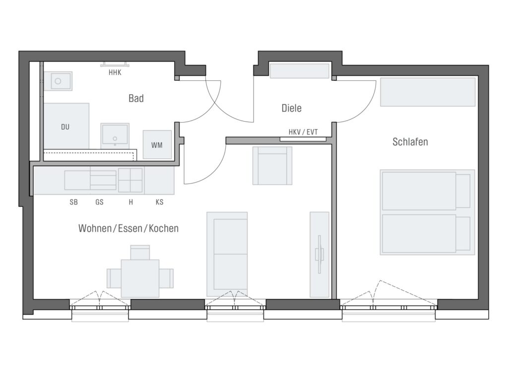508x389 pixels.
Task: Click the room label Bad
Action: tap(136, 98)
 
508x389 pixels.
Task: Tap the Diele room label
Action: tap(291, 108)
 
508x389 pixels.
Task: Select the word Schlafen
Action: tap(410, 142)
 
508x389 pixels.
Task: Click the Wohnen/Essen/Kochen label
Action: tap(128, 228)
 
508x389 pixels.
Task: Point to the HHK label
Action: tap(115, 72)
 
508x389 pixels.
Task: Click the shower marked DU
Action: tap(66, 126)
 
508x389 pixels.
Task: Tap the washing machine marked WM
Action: tap(157, 144)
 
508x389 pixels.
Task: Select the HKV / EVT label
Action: tap(303, 132)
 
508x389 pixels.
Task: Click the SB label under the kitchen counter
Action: tap(73, 202)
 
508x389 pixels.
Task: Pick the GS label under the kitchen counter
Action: tap(99, 202)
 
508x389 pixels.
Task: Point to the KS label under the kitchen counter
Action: tap(159, 202)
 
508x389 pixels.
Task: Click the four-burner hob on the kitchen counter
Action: tap(130, 180)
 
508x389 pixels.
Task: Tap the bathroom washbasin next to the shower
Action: tap(115, 134)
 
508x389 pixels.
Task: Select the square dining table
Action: tap(140, 278)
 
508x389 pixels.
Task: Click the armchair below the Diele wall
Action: tap(272, 166)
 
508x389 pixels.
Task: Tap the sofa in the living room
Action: tap(227, 254)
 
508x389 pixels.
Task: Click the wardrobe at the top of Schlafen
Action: tap(428, 92)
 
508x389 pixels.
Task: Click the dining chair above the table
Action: tap(140, 252)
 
